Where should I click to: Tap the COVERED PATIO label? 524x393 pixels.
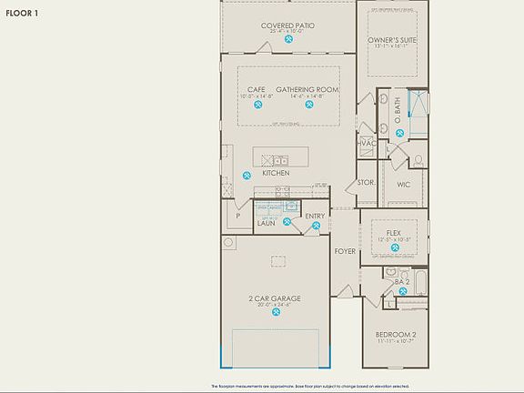[287, 25]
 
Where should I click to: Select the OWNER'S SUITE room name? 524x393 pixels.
[392, 41]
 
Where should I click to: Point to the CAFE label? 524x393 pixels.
[256, 89]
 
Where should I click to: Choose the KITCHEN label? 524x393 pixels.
[276, 173]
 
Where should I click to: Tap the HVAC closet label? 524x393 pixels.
[368, 143]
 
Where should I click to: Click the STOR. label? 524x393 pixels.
[366, 182]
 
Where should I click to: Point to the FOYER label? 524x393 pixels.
[344, 251]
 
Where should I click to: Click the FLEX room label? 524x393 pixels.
[393, 233]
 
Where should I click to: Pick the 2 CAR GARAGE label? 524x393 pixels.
[275, 298]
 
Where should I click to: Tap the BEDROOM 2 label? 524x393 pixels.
[396, 335]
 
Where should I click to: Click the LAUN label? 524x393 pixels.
[267, 222]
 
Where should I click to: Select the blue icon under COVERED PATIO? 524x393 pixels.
[287, 40]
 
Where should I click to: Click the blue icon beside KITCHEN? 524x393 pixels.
[247, 176]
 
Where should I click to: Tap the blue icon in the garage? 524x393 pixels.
[274, 314]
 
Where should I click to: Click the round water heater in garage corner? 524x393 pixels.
[228, 242]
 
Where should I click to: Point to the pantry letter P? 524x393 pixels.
[237, 217]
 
